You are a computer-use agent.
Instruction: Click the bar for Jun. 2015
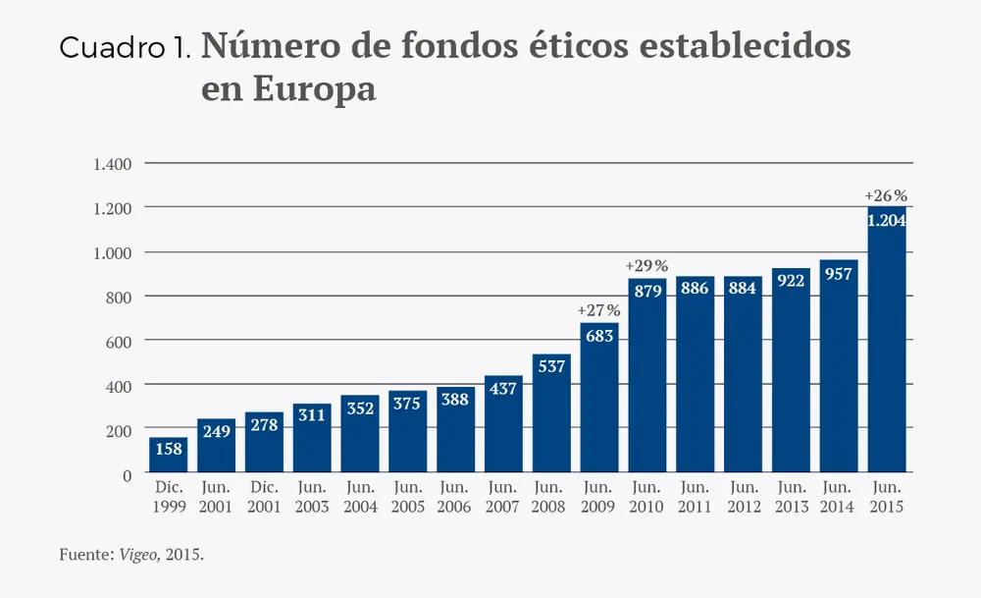(886, 344)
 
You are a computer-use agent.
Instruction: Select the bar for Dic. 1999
(168, 457)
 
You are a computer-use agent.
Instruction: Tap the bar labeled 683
(598, 399)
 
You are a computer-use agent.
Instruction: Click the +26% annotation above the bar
(886, 195)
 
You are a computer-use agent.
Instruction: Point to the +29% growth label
(646, 265)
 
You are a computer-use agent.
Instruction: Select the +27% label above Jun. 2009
(598, 310)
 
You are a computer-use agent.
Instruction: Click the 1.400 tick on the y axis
(112, 163)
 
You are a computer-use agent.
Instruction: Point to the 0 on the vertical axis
(127, 475)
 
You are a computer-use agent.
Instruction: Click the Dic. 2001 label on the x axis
(264, 497)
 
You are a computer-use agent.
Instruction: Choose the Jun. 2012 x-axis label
(743, 497)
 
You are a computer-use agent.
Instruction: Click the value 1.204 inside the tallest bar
(886, 221)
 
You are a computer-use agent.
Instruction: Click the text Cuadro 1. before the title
(125, 48)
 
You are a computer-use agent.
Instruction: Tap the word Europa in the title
(288, 88)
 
